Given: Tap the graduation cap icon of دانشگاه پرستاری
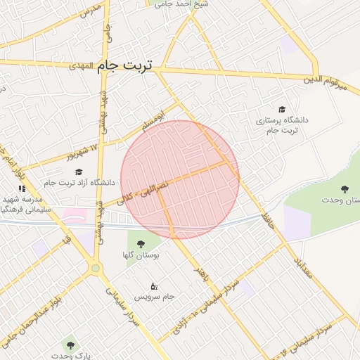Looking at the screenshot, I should [282, 110].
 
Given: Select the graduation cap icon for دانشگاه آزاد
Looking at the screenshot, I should [79, 172].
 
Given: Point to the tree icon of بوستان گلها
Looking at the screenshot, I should [141, 244].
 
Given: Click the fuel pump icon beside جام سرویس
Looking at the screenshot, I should [155, 286].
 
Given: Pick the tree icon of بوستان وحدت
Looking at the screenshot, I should [345, 189].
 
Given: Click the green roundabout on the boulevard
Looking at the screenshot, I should [96, 268].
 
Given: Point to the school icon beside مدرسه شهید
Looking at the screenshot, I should [22, 188].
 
